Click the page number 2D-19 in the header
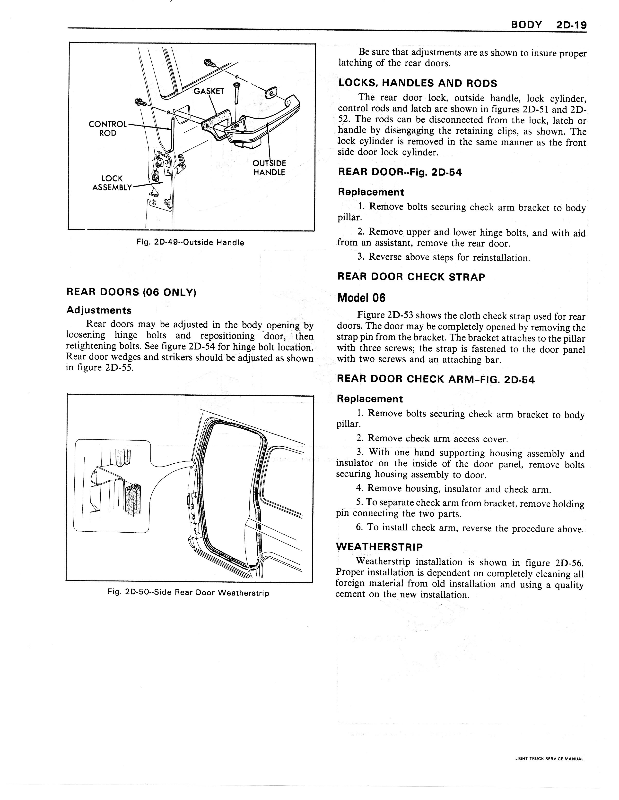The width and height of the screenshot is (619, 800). pos(571,25)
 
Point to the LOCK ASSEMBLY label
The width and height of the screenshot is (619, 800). pos(112,183)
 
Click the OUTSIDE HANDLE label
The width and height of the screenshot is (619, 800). pos(269,168)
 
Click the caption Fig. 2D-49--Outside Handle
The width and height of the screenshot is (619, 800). pos(190,242)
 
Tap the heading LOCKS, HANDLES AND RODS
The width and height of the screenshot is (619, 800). pos(418,83)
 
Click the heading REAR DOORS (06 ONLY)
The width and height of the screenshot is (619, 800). pos(131,292)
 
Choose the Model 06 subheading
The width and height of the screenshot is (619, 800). pos(361,298)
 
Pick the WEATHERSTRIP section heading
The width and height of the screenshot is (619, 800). pos(379,547)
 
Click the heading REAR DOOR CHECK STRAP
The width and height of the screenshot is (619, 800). pos(411,277)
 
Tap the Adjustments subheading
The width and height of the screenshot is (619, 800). pos(99,310)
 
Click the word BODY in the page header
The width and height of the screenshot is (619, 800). pos(526,25)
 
